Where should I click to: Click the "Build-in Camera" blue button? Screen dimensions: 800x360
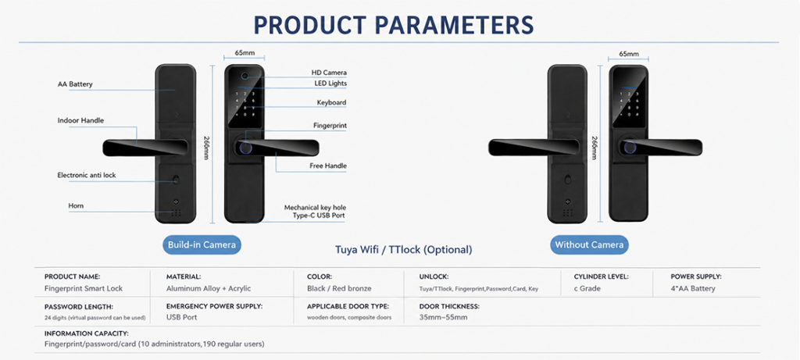tap(202, 244)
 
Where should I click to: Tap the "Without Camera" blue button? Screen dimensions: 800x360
tap(589, 244)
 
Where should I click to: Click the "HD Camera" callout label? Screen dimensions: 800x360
tap(329, 73)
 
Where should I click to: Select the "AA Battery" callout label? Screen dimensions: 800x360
tap(75, 84)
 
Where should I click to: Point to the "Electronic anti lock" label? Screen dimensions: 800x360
tap(87, 175)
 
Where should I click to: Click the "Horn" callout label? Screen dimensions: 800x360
tap(76, 205)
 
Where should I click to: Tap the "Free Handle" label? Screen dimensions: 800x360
tap(328, 166)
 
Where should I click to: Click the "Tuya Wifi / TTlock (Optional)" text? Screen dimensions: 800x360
tap(404, 250)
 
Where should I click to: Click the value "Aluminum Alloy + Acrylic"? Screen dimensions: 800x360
tap(209, 289)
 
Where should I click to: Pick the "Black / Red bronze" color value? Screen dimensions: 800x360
tap(339, 289)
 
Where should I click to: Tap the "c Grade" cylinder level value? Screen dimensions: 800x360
tap(587, 289)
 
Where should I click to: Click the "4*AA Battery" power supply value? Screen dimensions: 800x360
tap(693, 289)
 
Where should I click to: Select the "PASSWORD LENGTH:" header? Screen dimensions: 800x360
tap(79, 307)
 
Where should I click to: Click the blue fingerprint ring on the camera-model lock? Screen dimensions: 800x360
tap(245, 148)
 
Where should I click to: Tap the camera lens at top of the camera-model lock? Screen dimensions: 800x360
tap(245, 77)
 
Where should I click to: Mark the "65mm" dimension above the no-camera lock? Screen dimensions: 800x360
tap(629, 54)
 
